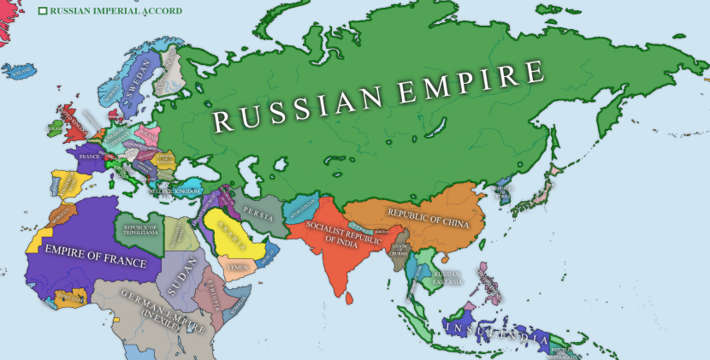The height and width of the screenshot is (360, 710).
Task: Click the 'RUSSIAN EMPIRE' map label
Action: (x=378, y=96)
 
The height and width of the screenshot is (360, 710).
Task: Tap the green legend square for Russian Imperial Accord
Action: (x=43, y=11)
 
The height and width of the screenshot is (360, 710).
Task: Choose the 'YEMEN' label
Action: (x=236, y=267)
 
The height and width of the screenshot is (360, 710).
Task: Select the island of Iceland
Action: (x=21, y=70)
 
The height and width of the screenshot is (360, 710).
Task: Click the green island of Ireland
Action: (x=54, y=127)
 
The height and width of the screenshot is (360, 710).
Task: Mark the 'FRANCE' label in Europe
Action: (x=89, y=157)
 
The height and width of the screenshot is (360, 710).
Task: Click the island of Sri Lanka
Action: (x=352, y=298)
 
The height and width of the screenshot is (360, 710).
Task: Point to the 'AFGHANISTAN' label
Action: (x=304, y=207)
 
